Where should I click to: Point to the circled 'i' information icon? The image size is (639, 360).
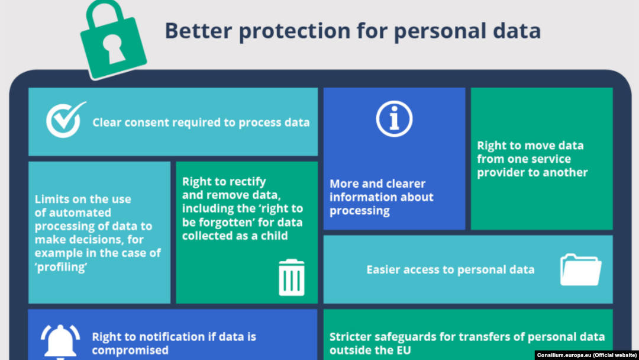(x=394, y=119)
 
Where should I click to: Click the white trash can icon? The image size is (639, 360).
(x=291, y=277)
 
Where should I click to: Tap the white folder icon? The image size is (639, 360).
(x=581, y=269)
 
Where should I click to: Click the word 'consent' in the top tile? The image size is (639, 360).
(x=147, y=123)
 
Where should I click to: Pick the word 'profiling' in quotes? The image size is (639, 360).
(x=61, y=266)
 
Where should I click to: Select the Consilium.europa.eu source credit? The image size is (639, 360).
(x=586, y=355)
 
